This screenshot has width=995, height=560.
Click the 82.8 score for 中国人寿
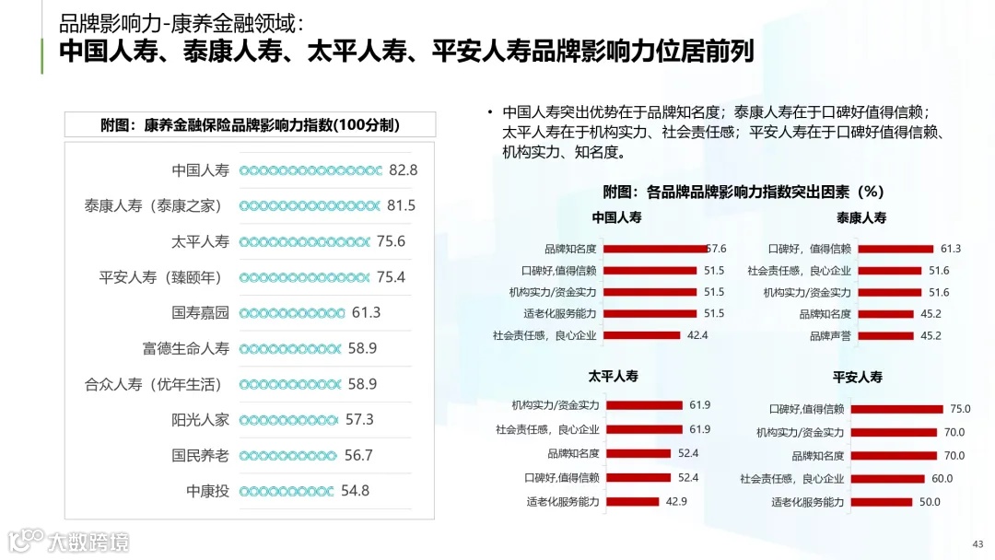point(404,170)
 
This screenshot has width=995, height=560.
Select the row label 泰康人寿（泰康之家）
point(154,206)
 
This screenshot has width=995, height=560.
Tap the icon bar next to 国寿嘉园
point(292,313)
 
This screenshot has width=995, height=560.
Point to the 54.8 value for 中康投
point(355,491)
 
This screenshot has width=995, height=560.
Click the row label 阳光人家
point(200,420)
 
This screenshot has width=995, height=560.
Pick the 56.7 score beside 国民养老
point(358,456)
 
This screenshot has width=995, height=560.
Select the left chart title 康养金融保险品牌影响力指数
point(250,125)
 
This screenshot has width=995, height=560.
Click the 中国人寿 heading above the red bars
point(616,218)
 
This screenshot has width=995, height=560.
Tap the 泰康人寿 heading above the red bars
point(861,218)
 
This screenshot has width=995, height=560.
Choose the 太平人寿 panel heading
point(614,377)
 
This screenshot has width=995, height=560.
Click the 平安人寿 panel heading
point(858,377)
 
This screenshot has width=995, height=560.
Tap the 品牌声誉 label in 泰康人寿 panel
point(830,336)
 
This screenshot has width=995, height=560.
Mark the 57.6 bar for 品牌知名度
point(656,249)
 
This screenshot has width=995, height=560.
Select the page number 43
point(978,542)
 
